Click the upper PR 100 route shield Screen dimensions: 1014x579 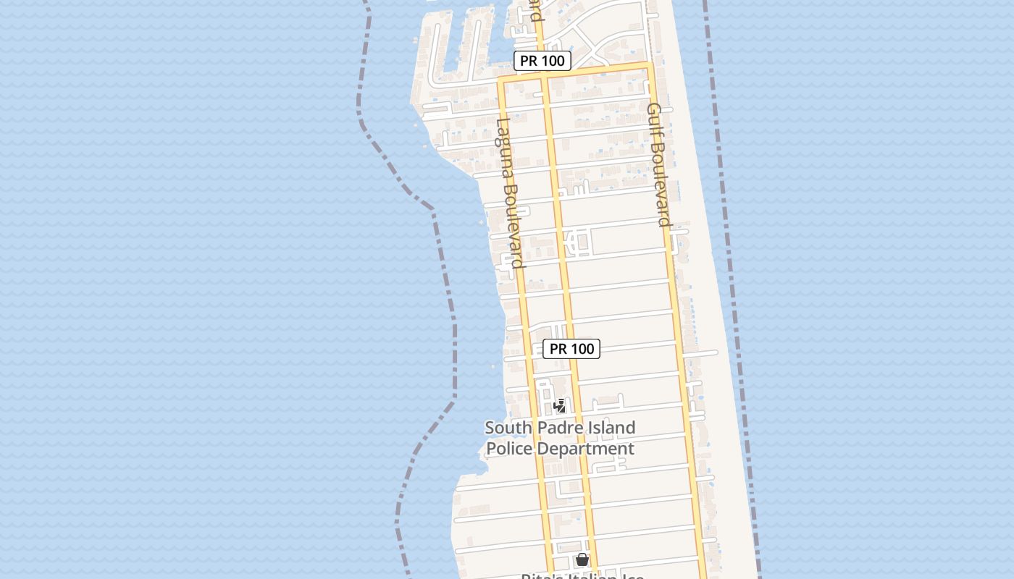click(x=542, y=61)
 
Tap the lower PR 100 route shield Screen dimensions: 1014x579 click(x=571, y=349)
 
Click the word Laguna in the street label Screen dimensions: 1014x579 click(x=503, y=149)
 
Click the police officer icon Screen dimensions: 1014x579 click(x=559, y=406)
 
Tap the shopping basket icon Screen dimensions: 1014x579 click(x=582, y=559)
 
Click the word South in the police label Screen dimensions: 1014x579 click(x=507, y=428)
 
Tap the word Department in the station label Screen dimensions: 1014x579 click(x=587, y=449)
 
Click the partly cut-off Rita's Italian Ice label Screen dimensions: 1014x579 click(x=582, y=575)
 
